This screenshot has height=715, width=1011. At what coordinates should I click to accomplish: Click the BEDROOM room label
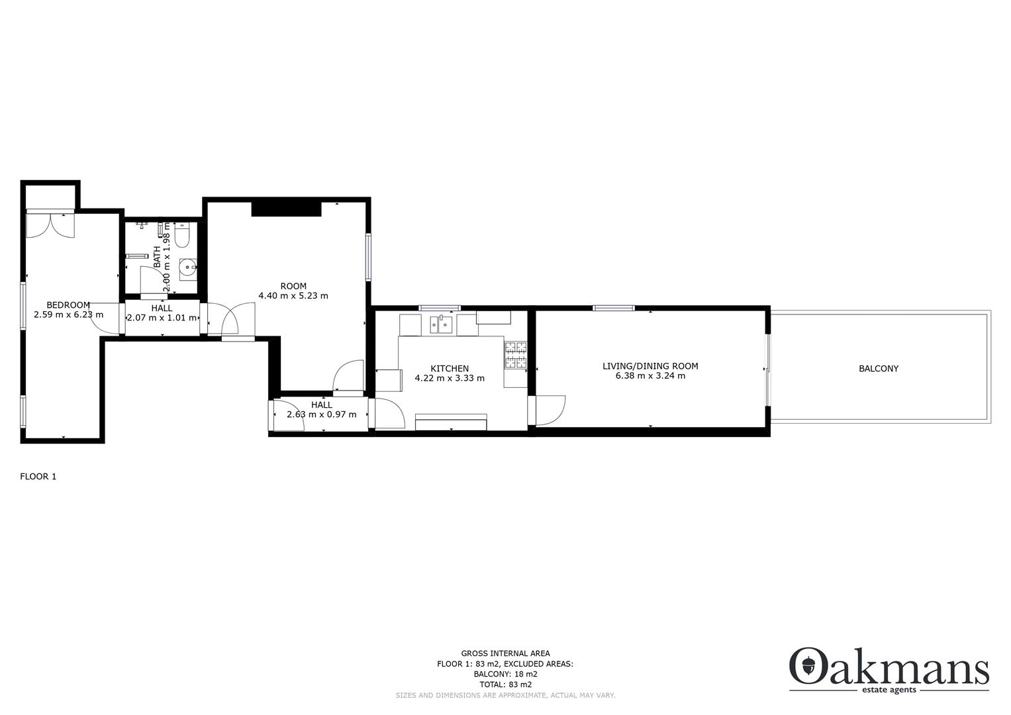click(68, 305)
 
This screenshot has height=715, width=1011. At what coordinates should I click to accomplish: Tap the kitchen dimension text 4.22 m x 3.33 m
click(450, 379)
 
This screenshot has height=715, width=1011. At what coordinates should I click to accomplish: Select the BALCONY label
click(879, 369)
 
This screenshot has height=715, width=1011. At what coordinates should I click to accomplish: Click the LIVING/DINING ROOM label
click(650, 366)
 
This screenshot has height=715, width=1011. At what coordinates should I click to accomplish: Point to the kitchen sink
click(441, 324)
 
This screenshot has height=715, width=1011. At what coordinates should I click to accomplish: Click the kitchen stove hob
click(516, 355)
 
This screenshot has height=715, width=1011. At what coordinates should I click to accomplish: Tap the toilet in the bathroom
click(183, 236)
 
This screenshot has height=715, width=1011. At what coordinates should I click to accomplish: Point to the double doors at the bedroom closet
click(50, 224)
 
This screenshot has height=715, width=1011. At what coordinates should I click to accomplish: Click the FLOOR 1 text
click(38, 477)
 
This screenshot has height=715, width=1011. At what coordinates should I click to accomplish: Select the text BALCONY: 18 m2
click(505, 674)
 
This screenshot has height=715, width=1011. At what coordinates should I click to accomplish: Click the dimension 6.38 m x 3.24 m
click(650, 376)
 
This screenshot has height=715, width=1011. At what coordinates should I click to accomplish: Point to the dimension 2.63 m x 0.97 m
click(322, 415)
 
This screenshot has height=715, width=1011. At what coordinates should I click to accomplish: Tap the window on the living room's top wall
click(614, 308)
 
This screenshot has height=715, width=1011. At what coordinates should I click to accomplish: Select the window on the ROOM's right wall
click(367, 256)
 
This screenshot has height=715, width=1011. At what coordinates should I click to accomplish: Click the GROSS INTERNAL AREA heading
click(505, 653)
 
